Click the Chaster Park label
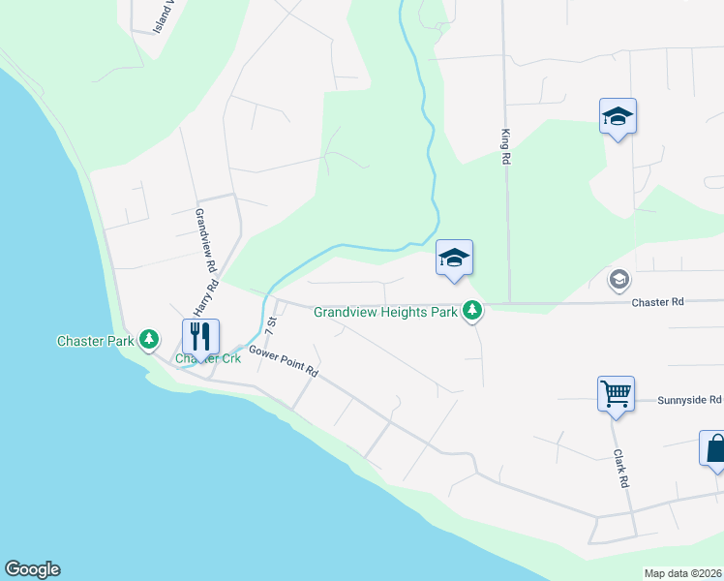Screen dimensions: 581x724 pos(95,340)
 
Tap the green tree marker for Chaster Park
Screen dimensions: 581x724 pos(149,339)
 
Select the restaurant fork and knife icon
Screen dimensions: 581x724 pos(200,336)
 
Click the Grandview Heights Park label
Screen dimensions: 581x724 pos(385,311)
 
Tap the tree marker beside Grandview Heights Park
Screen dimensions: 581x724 pos(472,311)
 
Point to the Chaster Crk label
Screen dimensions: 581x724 pos(207,359)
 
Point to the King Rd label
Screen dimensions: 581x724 pos(504,146)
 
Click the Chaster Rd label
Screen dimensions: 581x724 pos(657,302)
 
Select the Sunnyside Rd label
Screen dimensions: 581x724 pos(689,399)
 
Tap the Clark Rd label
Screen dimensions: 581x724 pos(619,468)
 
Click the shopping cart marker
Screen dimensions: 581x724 pos(616,394)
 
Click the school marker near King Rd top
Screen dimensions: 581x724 pos(617,117)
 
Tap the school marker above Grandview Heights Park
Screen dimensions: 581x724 pos(454,258)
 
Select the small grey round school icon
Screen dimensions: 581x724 pos(618,280)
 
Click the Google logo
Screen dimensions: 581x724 pos(32,569)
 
